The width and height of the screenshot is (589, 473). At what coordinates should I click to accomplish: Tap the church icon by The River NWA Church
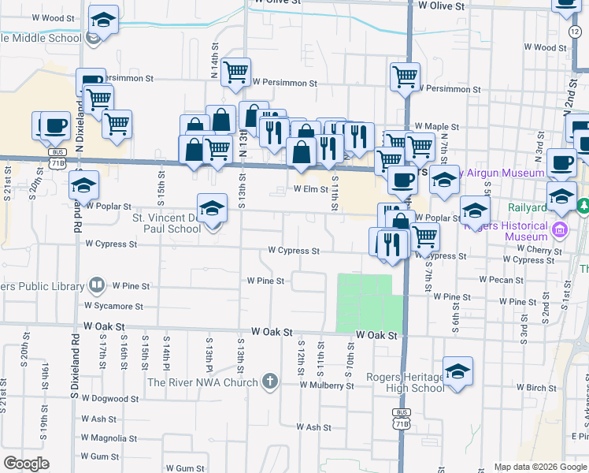coord(270,383)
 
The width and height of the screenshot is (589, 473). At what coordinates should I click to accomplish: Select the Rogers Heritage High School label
coord(406,382)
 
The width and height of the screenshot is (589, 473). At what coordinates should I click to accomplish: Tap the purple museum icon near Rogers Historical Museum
coord(560,230)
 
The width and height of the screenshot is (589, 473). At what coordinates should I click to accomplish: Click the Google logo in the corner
coord(27,464)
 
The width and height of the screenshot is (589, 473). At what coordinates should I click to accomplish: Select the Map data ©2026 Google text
coord(540,467)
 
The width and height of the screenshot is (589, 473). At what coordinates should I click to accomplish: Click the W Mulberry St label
coord(326,385)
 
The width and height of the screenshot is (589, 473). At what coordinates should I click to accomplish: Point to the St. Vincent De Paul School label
coord(166,222)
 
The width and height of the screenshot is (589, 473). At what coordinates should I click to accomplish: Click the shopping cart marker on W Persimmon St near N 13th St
coord(235,73)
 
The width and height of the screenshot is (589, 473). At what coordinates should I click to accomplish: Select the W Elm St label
coord(310,189)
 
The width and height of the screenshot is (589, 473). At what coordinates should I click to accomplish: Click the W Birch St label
coord(536,387)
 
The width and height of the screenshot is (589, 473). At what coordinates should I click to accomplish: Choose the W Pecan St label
coord(495,280)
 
